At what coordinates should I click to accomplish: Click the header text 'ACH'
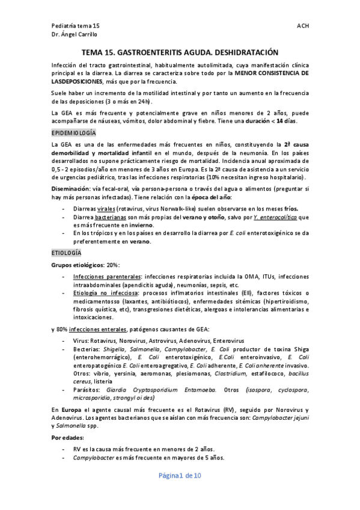(x=302, y=27)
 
